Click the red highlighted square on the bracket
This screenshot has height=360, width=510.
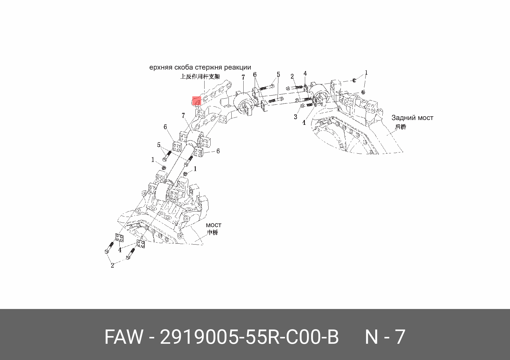(197, 101)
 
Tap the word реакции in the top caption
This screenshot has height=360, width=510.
(237, 67)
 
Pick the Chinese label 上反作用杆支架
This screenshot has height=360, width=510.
(200, 76)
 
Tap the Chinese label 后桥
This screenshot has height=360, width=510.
(401, 127)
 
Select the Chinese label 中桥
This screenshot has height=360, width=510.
(213, 233)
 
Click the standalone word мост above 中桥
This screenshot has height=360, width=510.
(213, 225)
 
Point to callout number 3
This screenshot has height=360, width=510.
(295, 117)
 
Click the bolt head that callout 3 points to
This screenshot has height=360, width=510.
(303, 106)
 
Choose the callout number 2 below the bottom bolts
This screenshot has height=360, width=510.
(112, 265)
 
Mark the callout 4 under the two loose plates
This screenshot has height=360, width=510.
(120, 250)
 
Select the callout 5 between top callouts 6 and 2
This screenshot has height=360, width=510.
(278, 75)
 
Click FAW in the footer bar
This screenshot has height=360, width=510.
(124, 337)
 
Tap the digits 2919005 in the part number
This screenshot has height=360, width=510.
(199, 337)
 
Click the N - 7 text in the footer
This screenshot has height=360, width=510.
(385, 337)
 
